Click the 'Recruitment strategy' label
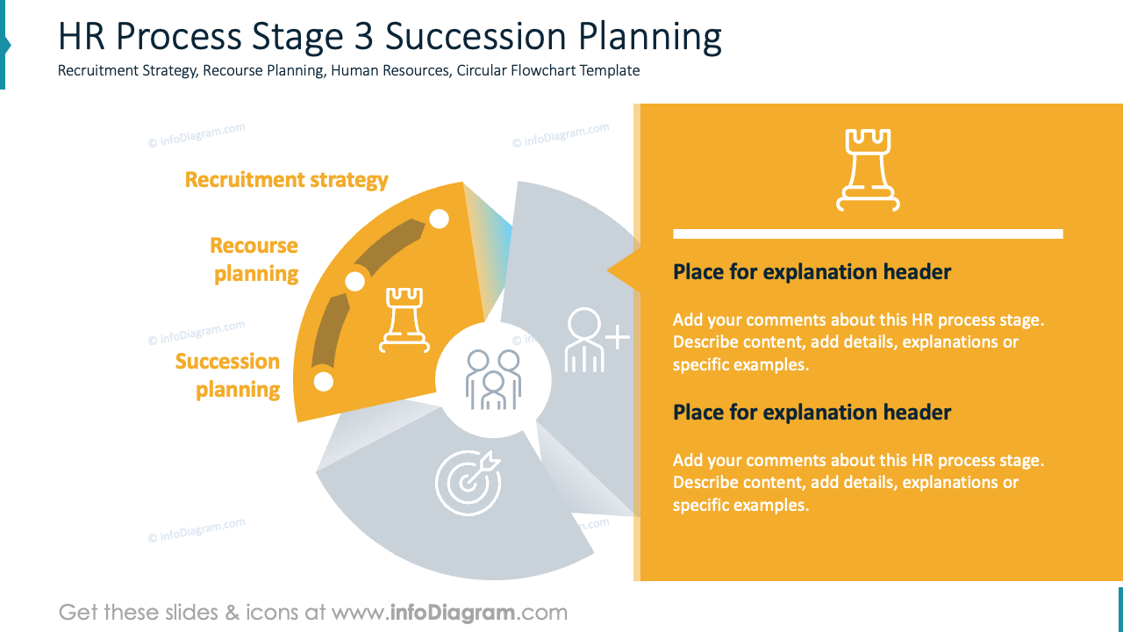286,180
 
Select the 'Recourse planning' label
254,259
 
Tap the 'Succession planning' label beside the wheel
228,375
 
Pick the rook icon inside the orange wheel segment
404,320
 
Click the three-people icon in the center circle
493,379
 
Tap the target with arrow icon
469,482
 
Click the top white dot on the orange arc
439,219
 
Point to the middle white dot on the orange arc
354,281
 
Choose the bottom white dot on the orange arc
323,381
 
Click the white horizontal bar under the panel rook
868,234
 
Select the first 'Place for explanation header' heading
812,272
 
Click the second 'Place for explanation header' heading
812,413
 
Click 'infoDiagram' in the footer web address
452,613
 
